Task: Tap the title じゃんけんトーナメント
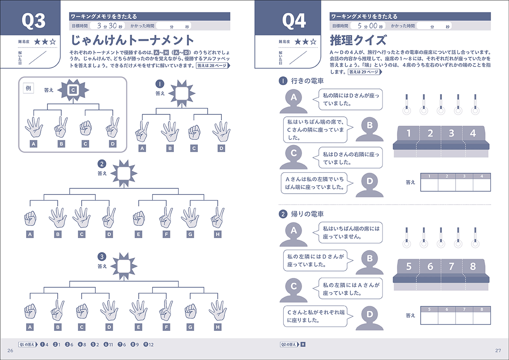pos(132,41)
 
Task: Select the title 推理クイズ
pos(358,41)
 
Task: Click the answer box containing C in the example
pos(73,90)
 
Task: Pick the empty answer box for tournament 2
pos(124,173)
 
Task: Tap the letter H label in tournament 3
pos(218,328)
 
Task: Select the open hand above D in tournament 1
pos(221,131)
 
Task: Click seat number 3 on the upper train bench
pos(451,133)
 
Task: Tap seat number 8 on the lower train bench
pos(473,267)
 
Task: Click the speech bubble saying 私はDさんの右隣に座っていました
pos(350,158)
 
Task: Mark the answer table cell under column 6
pos(447,318)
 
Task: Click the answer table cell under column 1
pos(430,184)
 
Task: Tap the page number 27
pos(497,351)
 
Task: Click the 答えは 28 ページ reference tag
pos(213,66)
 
